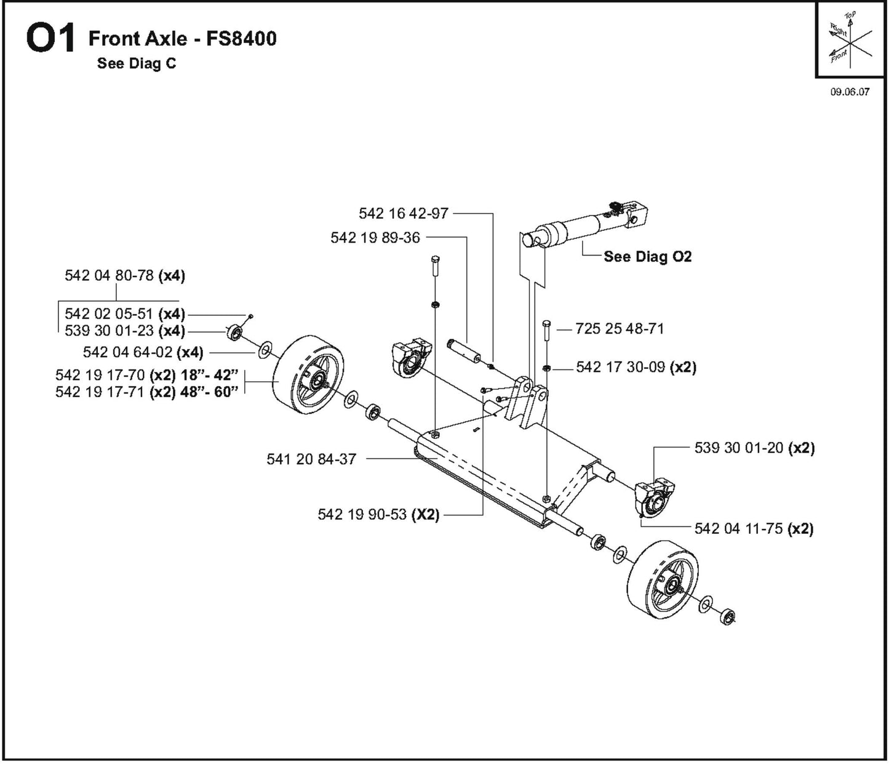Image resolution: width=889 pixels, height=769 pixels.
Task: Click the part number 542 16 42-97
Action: [x=404, y=214]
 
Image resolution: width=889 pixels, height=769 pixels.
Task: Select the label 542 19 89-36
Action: [x=375, y=238]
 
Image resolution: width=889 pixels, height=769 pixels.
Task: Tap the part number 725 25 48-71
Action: [x=620, y=329]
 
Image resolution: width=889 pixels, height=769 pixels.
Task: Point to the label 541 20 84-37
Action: [x=311, y=459]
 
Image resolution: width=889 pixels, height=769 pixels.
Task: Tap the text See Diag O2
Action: [x=647, y=257]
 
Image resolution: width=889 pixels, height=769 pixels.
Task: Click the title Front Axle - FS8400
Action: [x=183, y=39]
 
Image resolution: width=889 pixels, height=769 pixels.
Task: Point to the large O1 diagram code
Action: [x=50, y=39]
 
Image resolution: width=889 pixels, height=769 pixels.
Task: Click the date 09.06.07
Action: [x=850, y=92]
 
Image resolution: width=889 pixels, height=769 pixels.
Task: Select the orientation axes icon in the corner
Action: [x=850, y=41]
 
